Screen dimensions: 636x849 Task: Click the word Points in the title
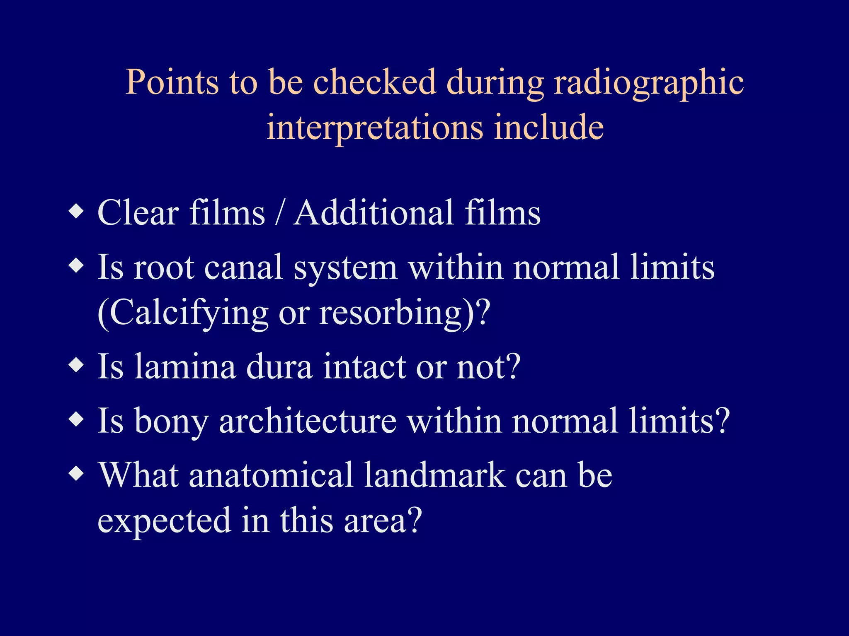point(172,82)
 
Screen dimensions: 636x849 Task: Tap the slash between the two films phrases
point(280,213)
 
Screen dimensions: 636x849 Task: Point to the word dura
point(279,367)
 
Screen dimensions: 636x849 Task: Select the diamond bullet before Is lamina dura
point(77,365)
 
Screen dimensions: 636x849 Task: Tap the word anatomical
point(271,475)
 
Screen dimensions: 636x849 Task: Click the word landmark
point(435,475)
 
